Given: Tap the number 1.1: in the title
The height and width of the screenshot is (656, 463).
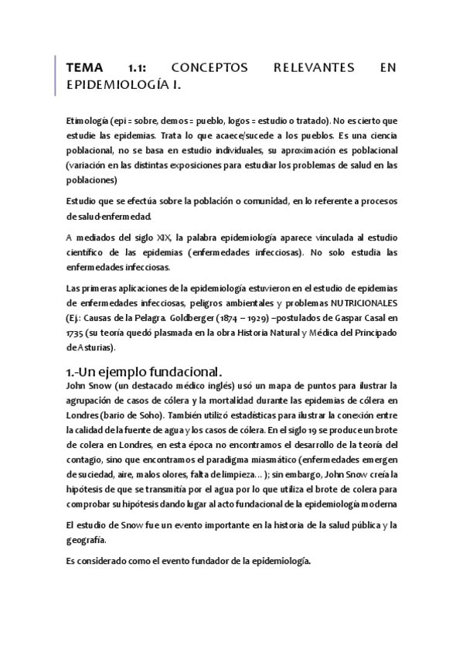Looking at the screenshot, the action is pyautogui.click(x=140, y=69).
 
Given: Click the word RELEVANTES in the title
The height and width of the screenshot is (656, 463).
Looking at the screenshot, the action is pyautogui.click(x=314, y=69).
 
